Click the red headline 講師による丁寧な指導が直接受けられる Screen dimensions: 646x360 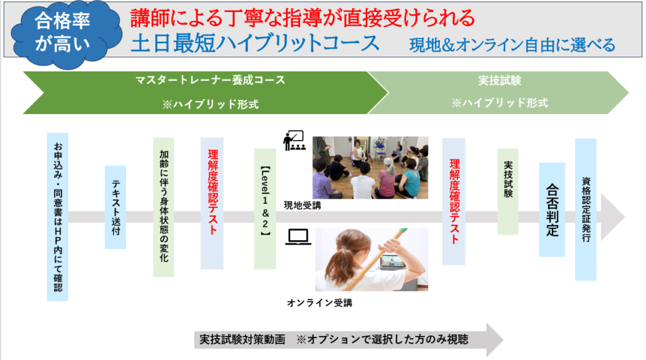tap(303, 18)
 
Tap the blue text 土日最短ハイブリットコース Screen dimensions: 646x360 tap(255, 44)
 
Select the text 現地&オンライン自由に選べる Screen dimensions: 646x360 tap(512, 45)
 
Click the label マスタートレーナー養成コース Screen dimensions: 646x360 tap(211, 80)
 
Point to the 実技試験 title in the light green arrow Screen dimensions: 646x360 tap(500, 80)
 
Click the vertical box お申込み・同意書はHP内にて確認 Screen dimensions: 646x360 tap(57, 217)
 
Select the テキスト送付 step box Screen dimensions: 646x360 tap(115, 207)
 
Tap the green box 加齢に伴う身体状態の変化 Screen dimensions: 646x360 tap(163, 207)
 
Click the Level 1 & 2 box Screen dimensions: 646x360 tap(265, 209)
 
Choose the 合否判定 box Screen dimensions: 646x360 tap(552, 210)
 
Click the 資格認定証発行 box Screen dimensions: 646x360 tap(586, 210)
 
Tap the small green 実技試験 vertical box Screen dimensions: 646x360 tap(508, 192)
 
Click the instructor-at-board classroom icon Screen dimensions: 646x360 tap(294, 141)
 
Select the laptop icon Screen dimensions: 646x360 tap(298, 237)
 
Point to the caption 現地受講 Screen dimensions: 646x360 tap(302, 205)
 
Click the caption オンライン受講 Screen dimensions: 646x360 tap(319, 303)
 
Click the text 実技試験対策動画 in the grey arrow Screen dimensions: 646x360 tap(242, 339)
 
